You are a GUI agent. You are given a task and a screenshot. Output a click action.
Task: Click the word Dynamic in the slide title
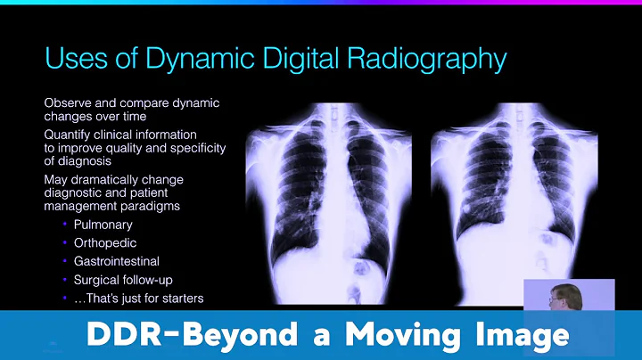pyautogui.click(x=193, y=60)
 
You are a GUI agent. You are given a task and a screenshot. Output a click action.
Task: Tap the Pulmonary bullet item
pyautogui.click(x=103, y=225)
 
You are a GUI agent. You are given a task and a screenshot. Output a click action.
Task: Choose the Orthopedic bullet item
pyautogui.click(x=105, y=242)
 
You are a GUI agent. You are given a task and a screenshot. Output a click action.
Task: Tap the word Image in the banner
pyautogui.click(x=520, y=335)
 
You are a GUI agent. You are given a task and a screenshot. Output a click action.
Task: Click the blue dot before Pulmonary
pyautogui.click(x=64, y=225)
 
